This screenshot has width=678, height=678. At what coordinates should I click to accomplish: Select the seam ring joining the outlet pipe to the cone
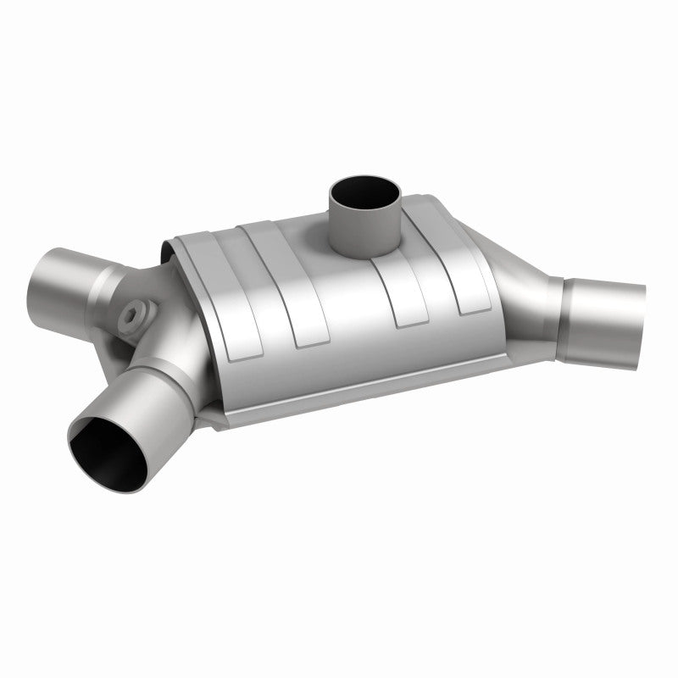[x=563, y=318]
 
